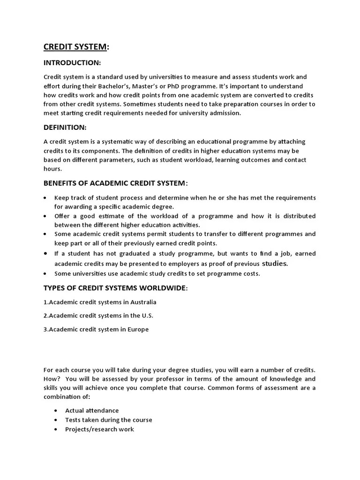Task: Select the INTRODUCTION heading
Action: click(72, 62)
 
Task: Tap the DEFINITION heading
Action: click(65, 127)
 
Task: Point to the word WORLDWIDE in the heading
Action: click(161, 287)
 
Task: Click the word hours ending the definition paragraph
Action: click(52, 168)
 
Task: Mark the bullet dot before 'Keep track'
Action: click(45, 198)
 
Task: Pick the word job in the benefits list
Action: click(274, 254)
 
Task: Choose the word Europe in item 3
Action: click(137, 329)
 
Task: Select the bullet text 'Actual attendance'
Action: click(92, 411)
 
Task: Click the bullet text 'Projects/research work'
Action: click(99, 429)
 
